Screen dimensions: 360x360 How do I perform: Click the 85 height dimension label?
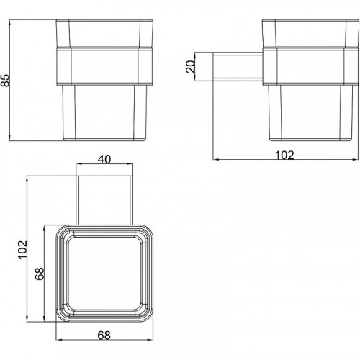(5, 80)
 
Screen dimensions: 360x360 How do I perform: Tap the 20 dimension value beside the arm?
(191, 66)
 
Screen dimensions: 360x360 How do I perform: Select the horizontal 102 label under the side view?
(284, 156)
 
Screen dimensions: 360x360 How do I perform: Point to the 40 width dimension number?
(104, 159)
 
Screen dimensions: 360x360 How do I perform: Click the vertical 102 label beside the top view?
(23, 250)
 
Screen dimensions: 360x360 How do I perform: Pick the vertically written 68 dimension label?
(40, 274)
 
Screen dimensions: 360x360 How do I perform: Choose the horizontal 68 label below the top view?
(104, 336)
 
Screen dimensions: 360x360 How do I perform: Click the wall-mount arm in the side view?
(238, 66)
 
